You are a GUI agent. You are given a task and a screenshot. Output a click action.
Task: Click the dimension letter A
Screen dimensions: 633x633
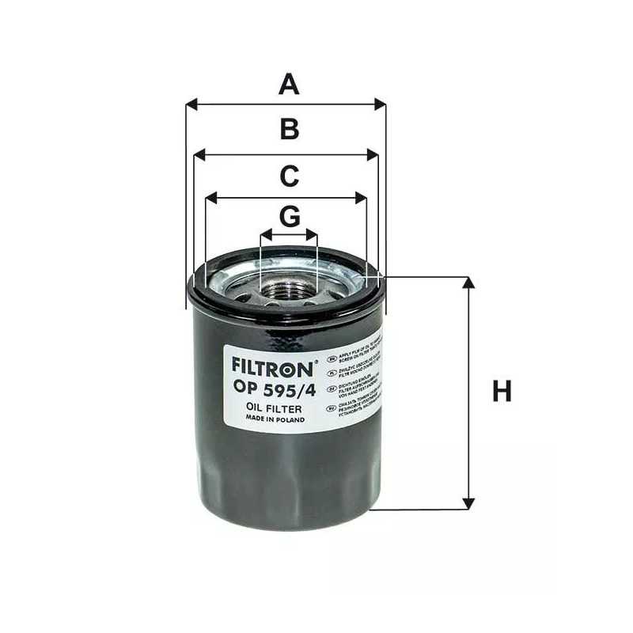click(x=290, y=83)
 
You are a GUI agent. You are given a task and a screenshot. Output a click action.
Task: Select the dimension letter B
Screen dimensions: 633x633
click(x=290, y=130)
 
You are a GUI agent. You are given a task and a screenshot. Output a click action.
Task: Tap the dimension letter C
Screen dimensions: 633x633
click(x=290, y=176)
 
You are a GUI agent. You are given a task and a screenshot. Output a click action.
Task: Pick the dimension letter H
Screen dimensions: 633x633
click(x=502, y=392)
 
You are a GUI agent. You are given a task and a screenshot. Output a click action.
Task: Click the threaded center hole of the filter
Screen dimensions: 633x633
click(x=289, y=289)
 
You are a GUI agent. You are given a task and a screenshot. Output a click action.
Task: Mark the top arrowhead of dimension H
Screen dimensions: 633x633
click(x=469, y=282)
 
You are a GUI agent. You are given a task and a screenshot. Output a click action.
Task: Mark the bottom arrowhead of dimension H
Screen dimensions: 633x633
click(x=469, y=503)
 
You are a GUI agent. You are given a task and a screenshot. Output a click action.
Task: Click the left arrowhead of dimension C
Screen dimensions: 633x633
click(x=210, y=197)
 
